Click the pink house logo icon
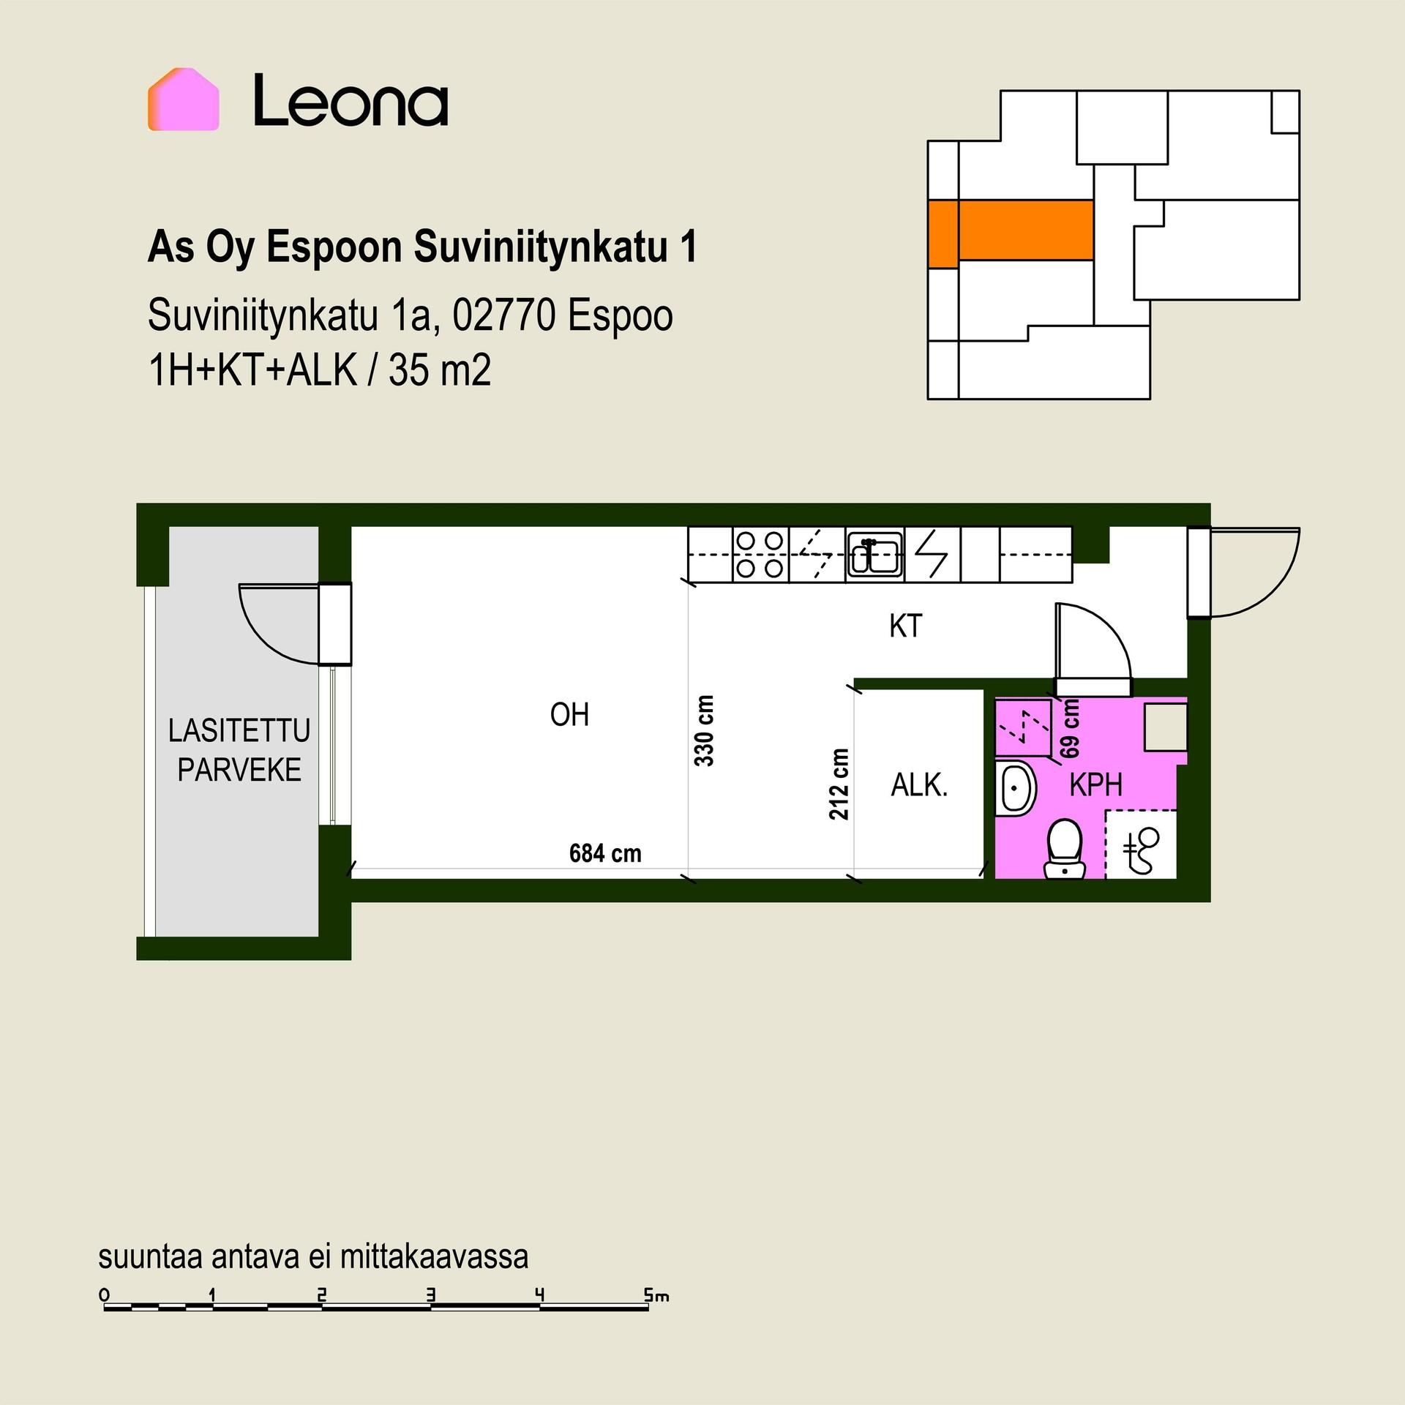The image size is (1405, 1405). coord(183,100)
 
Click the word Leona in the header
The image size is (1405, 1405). coord(351,101)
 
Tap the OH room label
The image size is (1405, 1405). coord(569,714)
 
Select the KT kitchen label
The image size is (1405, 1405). coord(905,626)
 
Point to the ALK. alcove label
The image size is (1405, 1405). coord(919,785)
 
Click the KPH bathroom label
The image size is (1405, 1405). coord(1095,784)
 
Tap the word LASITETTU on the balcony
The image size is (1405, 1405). coord(239,730)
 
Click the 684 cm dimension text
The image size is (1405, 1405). coord(605,853)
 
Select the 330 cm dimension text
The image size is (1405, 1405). coord(704,730)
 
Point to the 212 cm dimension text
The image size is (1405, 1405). coord(839,784)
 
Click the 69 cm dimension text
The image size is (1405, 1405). coord(1070,728)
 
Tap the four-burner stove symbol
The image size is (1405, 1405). coord(760,554)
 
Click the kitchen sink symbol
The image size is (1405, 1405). coord(875,555)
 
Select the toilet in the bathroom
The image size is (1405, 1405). coord(1065,849)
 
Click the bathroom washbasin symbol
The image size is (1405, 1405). coord(1014,787)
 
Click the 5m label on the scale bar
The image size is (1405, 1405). coord(656,1295)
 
